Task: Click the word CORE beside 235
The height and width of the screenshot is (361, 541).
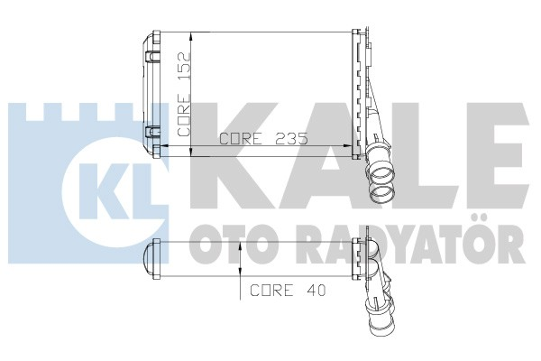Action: [241, 139]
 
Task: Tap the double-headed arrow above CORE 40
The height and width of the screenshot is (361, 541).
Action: [239, 263]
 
